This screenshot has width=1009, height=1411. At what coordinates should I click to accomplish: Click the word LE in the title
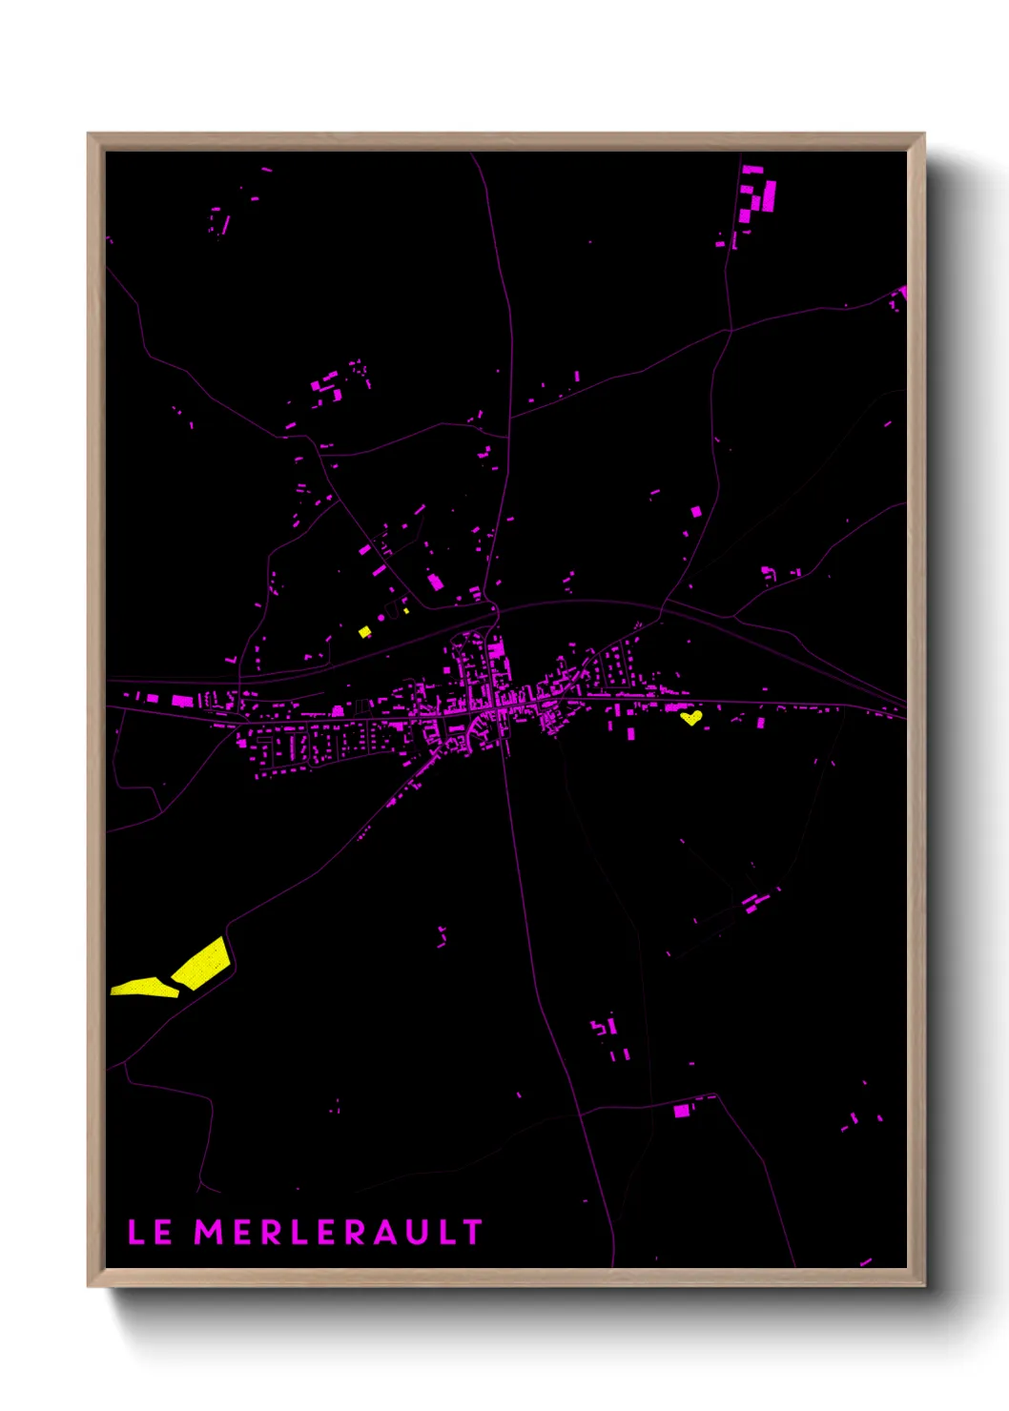[150, 1232]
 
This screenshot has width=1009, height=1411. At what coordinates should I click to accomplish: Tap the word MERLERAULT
[339, 1232]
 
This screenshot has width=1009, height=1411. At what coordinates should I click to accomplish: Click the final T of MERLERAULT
[473, 1232]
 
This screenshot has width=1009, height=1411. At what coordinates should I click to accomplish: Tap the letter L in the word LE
[136, 1232]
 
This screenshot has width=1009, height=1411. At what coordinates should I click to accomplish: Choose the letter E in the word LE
[163, 1232]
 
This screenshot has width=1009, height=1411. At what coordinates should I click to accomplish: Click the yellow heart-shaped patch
[691, 716]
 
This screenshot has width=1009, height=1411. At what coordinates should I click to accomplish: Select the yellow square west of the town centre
[364, 631]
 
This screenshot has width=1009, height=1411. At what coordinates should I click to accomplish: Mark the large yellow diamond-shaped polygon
[202, 964]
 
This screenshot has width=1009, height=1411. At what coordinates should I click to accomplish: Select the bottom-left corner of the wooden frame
[90, 1284]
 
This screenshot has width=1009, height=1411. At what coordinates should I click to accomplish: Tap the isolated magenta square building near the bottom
[681, 1111]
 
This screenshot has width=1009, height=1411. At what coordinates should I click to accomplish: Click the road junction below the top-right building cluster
[731, 331]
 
